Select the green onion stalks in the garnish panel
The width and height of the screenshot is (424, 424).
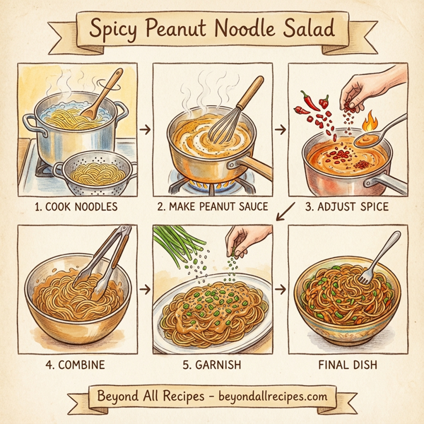pyautogui.click(x=177, y=247)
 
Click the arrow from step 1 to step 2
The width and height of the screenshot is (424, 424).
pyautogui.click(x=145, y=131)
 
